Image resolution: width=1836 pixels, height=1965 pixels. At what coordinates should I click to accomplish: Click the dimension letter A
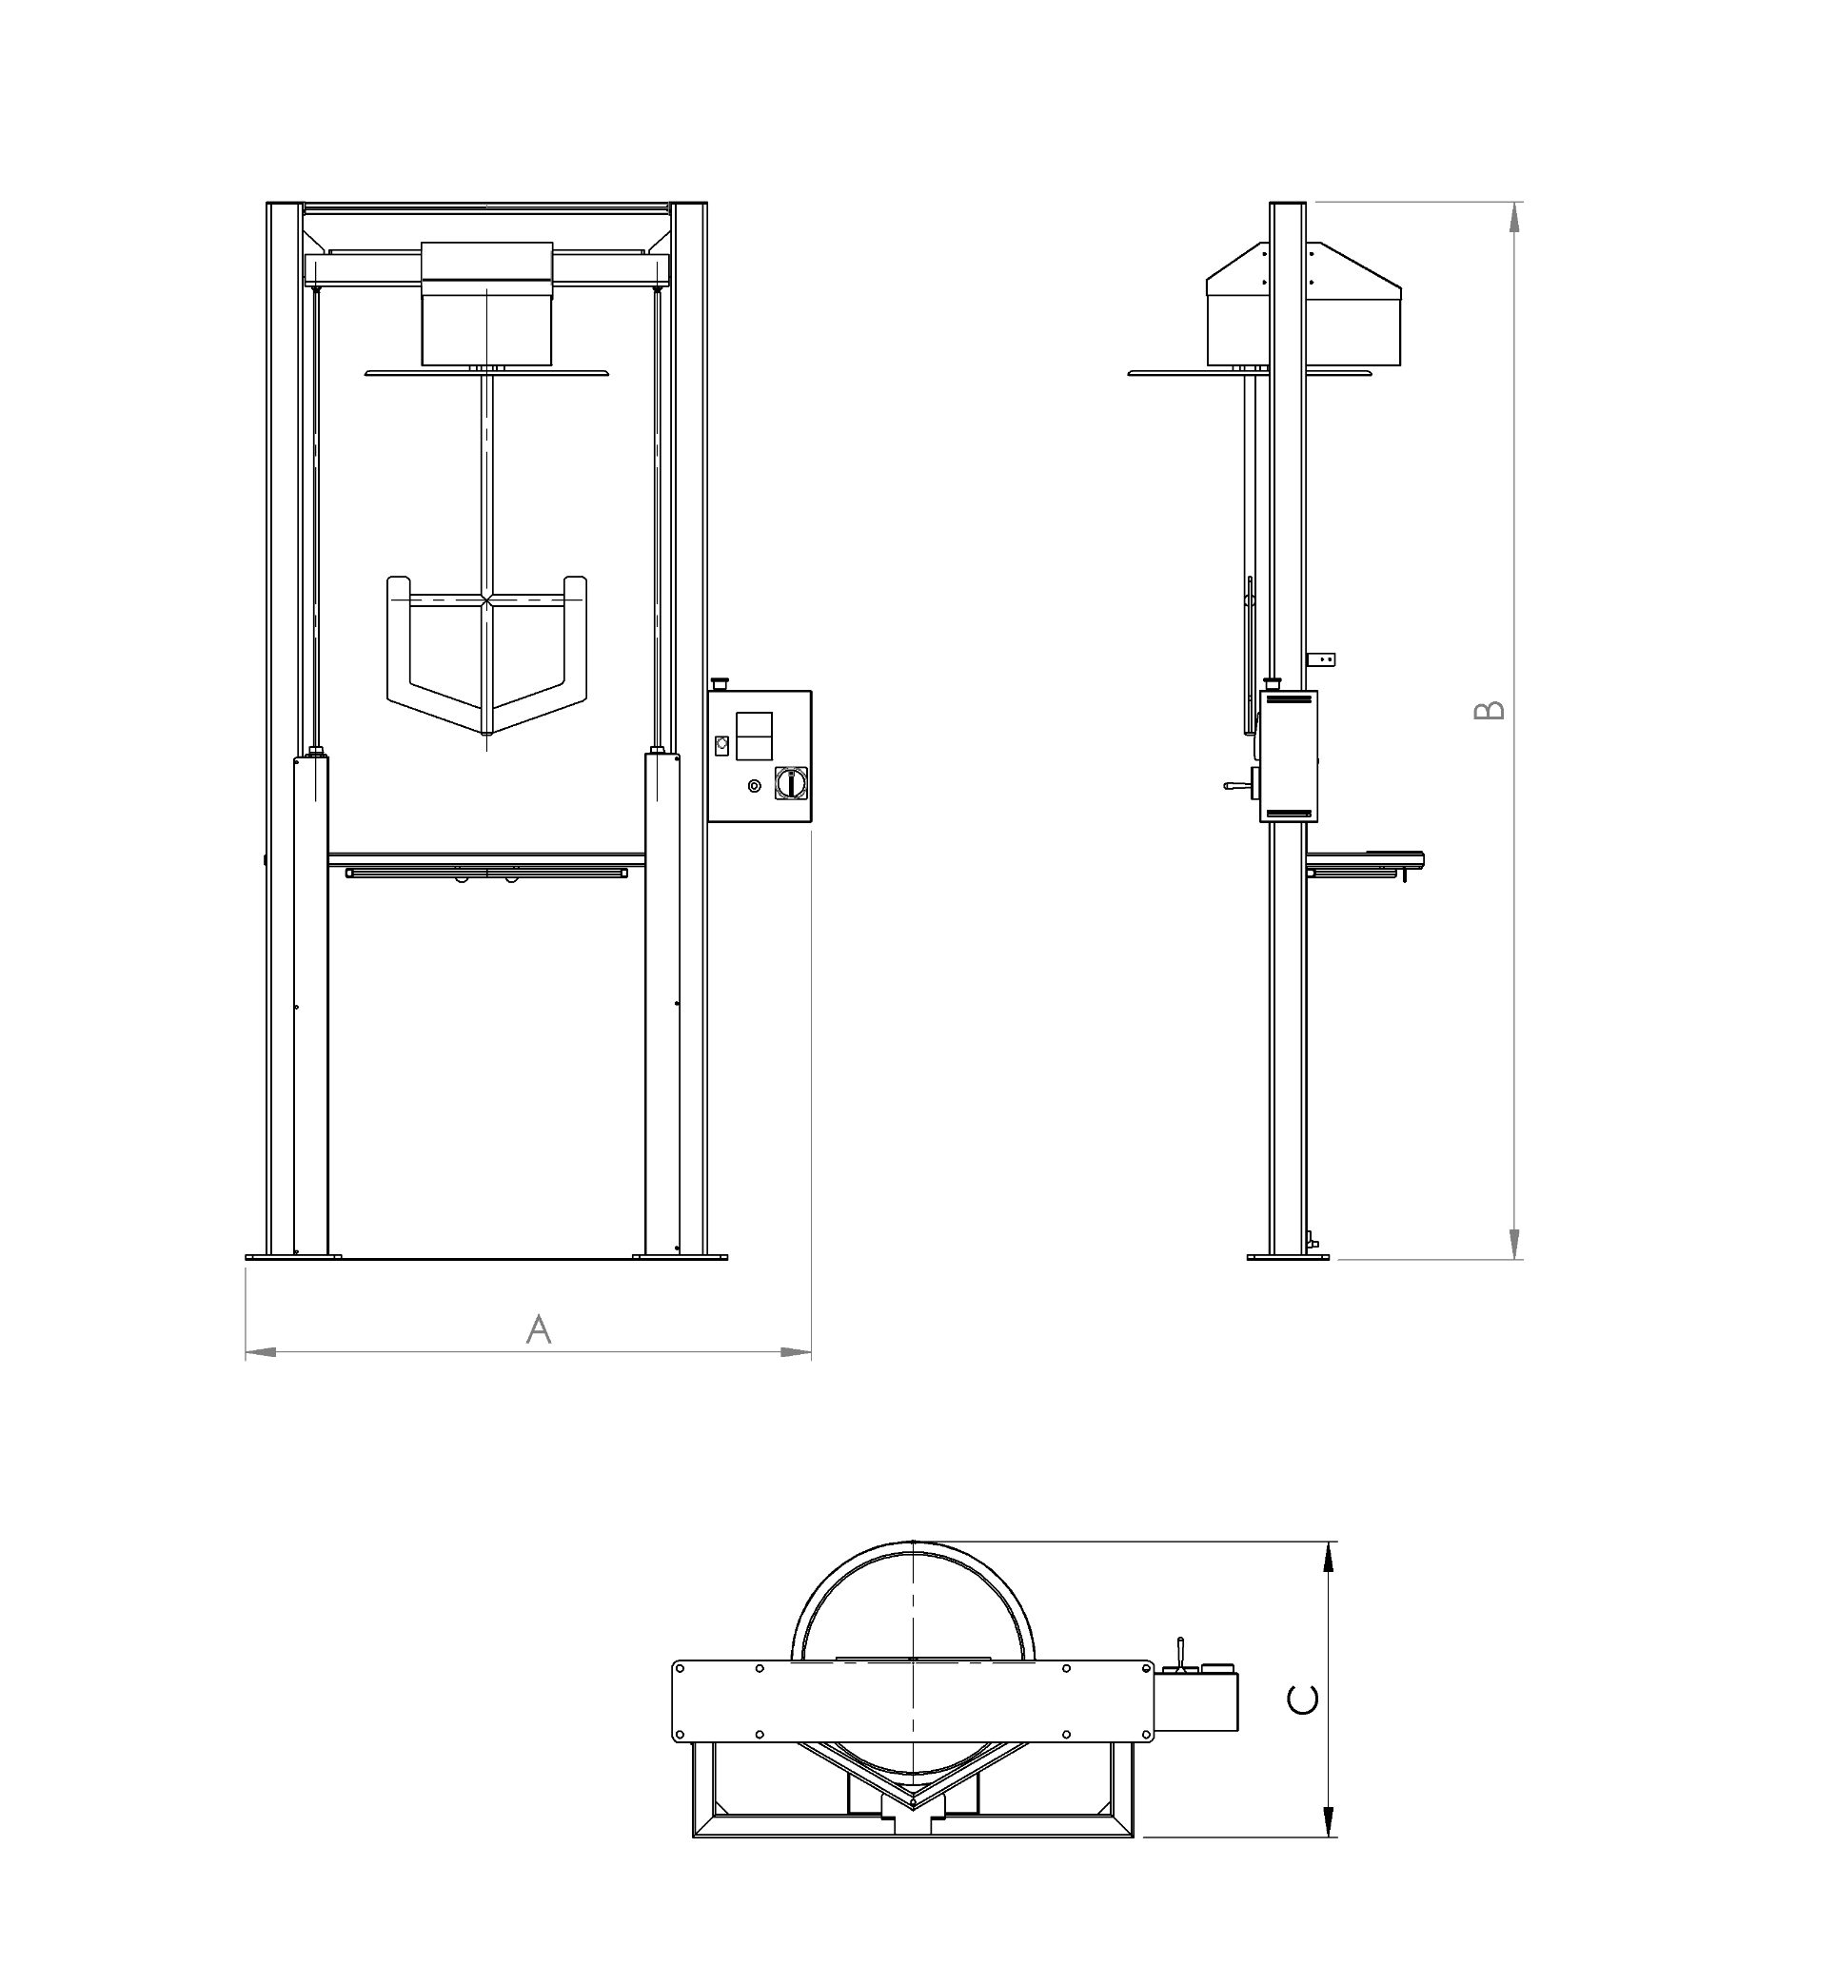point(538,1329)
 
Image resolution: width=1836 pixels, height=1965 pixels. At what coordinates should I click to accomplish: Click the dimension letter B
point(1489,710)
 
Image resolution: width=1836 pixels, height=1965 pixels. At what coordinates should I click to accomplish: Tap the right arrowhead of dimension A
point(796,1352)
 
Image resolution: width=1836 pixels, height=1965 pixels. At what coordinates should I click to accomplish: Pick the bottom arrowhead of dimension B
point(1513,1244)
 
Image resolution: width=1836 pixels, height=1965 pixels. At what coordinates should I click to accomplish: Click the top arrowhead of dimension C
point(1329,1558)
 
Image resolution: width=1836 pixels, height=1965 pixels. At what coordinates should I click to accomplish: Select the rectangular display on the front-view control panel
point(755,736)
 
